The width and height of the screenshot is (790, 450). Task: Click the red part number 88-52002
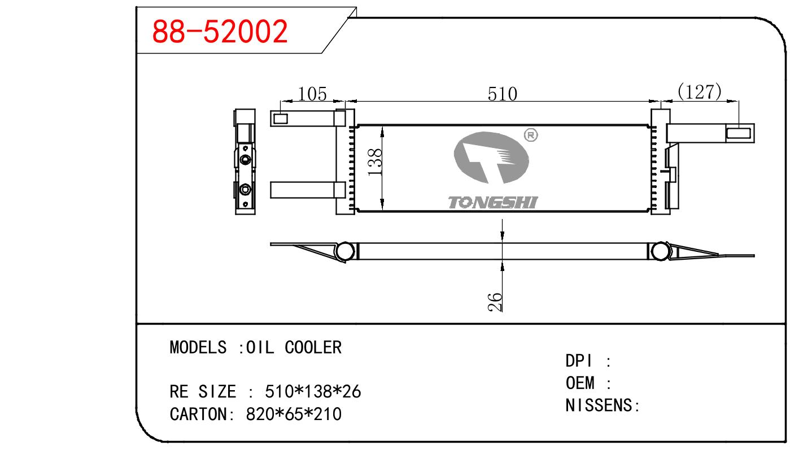[220, 32]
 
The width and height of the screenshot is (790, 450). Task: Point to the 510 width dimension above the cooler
[502, 94]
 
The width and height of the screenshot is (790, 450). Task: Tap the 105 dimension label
[312, 94]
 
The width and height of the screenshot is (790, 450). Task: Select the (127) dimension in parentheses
[700, 91]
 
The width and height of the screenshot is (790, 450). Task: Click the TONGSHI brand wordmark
[493, 202]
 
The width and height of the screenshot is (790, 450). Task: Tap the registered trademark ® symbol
[531, 135]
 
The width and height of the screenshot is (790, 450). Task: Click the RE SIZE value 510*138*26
[313, 391]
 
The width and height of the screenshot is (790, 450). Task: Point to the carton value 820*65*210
[294, 414]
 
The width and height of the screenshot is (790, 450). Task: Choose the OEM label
[581, 383]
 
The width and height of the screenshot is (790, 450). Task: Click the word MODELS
[198, 347]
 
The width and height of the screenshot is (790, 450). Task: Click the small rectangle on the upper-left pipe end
[281, 119]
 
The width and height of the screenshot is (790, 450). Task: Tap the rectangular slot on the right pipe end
[739, 133]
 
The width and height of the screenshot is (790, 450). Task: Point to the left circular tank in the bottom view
[345, 251]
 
